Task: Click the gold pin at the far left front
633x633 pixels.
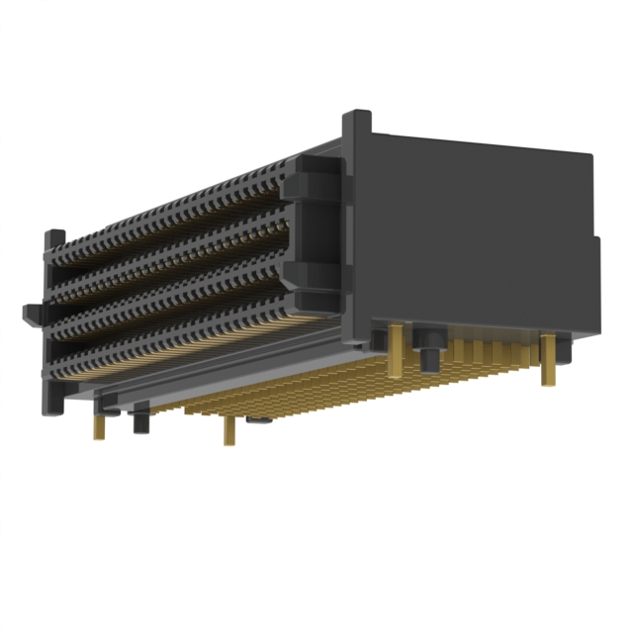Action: click(x=99, y=426)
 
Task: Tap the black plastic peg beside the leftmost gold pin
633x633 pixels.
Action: click(x=139, y=423)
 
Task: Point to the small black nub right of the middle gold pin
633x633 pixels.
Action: click(x=259, y=422)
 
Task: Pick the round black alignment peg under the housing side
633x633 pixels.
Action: click(x=430, y=353)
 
